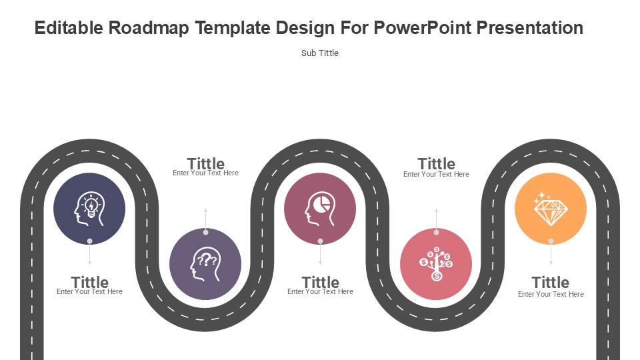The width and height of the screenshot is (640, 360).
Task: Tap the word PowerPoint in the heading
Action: pos(423,28)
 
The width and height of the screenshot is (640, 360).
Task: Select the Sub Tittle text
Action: pos(319,53)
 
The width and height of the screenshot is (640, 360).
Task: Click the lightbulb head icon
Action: pos(89,209)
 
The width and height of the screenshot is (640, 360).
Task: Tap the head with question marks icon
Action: pos(205,264)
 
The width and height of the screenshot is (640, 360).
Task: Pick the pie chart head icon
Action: pos(320,209)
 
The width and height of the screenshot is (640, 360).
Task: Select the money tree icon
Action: pos(436,264)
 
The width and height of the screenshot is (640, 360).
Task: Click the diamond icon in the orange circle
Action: pos(550,209)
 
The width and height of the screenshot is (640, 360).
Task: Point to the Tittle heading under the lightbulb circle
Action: pos(90,282)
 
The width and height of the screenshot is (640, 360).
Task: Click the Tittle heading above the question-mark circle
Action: pos(206,163)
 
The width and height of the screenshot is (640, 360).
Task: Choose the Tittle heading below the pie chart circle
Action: pos(321,282)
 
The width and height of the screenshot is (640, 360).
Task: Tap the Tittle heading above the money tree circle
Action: pos(436,163)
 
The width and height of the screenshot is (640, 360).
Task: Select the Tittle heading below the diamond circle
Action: pos(550,282)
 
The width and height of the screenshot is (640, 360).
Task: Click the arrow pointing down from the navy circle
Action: pos(90,253)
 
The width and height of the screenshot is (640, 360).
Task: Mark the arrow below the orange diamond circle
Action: pos(551,253)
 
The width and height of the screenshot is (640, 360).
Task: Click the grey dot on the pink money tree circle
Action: pos(436,232)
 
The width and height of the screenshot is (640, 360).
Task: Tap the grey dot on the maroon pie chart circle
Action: pos(321,241)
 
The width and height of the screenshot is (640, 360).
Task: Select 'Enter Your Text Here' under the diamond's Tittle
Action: pos(551,294)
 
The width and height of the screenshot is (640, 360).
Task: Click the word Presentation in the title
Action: pos(530,28)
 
